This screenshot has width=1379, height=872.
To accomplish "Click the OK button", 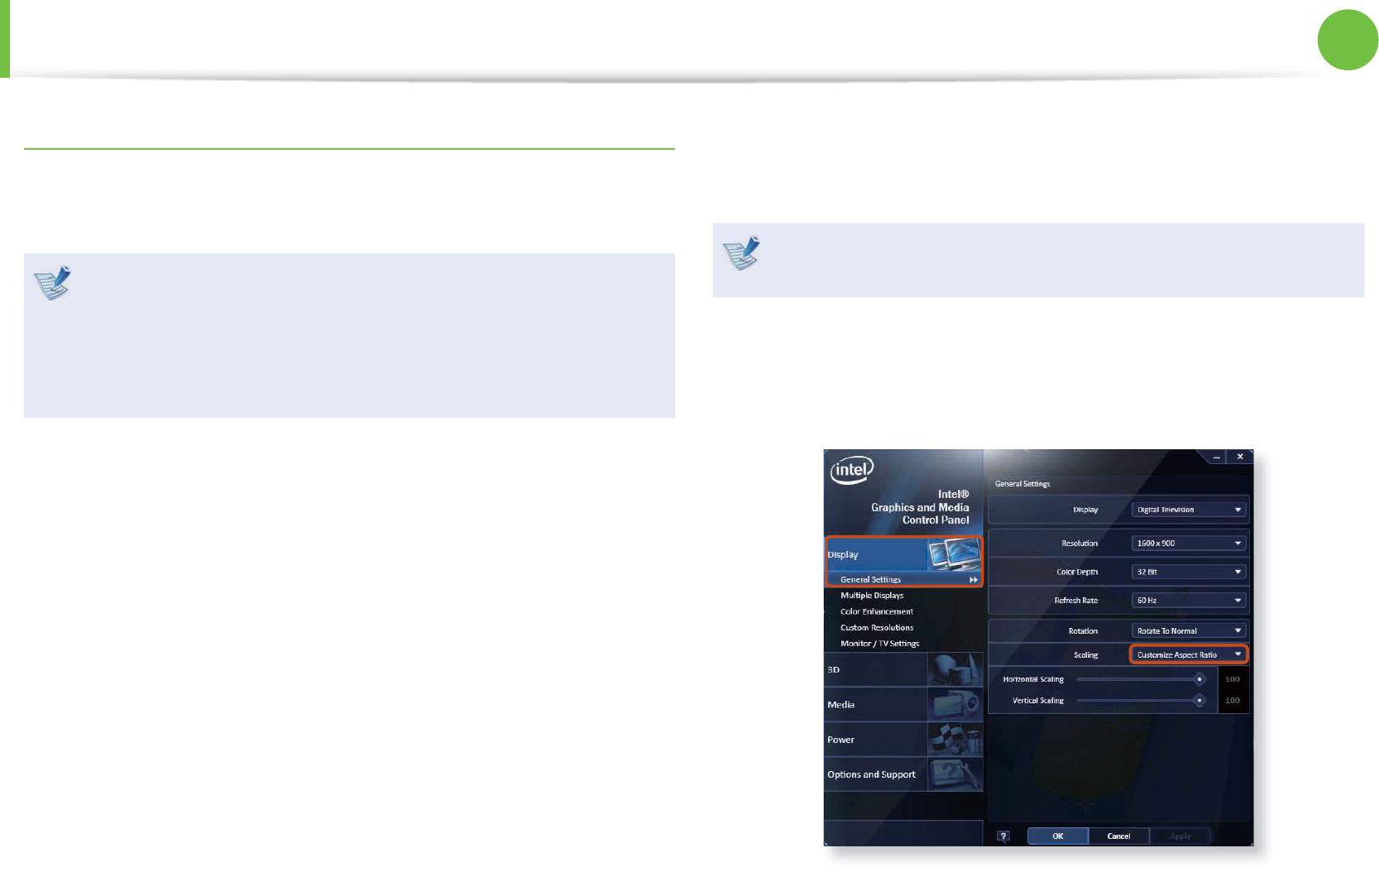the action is click(x=1057, y=836).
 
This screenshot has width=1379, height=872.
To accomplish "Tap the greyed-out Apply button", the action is click(x=1180, y=836).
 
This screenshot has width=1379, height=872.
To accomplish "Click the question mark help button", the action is click(x=1003, y=836).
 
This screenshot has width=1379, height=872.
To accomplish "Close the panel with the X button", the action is click(x=1239, y=457).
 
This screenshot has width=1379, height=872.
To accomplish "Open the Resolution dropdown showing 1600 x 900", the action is click(x=1188, y=544).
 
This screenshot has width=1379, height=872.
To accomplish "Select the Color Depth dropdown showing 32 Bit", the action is click(x=1188, y=572).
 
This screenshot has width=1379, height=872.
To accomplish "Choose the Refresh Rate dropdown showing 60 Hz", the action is click(x=1188, y=601).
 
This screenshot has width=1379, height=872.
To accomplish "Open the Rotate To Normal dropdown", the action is click(x=1188, y=631).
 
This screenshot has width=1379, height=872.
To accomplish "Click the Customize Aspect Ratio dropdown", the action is click(x=1188, y=654).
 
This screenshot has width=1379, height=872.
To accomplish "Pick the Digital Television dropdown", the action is click(x=1188, y=510).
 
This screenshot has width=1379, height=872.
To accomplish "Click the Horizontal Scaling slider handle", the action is click(x=1199, y=679).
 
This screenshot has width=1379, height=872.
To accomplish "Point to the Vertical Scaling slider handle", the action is click(x=1199, y=701).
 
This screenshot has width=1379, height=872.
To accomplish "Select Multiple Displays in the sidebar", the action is click(x=872, y=596).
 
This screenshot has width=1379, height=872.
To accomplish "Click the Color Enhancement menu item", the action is click(x=877, y=612).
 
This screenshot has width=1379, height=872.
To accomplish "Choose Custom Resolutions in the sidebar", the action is click(x=877, y=628).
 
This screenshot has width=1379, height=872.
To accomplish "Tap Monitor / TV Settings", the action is click(x=879, y=644).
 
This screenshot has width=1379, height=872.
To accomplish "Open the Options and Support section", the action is click(x=872, y=775).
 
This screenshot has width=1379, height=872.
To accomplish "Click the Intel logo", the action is click(x=851, y=470).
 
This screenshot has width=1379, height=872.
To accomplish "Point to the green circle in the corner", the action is click(x=1348, y=40).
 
